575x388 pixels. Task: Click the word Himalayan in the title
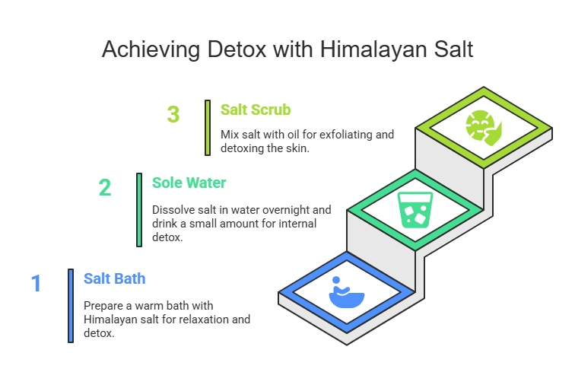coord(374,50)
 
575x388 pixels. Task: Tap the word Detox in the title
coord(237,49)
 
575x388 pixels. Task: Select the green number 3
coord(173,114)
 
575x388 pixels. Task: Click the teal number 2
coord(105,187)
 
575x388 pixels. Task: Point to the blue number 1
coord(36,283)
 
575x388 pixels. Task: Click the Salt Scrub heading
coord(256,110)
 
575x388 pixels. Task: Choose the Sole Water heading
coord(189,183)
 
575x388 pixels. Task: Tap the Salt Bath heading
coord(114,278)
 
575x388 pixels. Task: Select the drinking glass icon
coord(415,210)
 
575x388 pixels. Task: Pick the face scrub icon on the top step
coord(484,128)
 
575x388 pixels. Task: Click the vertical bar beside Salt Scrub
coord(208,128)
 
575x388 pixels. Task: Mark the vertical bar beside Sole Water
coord(139,210)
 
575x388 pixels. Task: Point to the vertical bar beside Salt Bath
coord(71,306)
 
